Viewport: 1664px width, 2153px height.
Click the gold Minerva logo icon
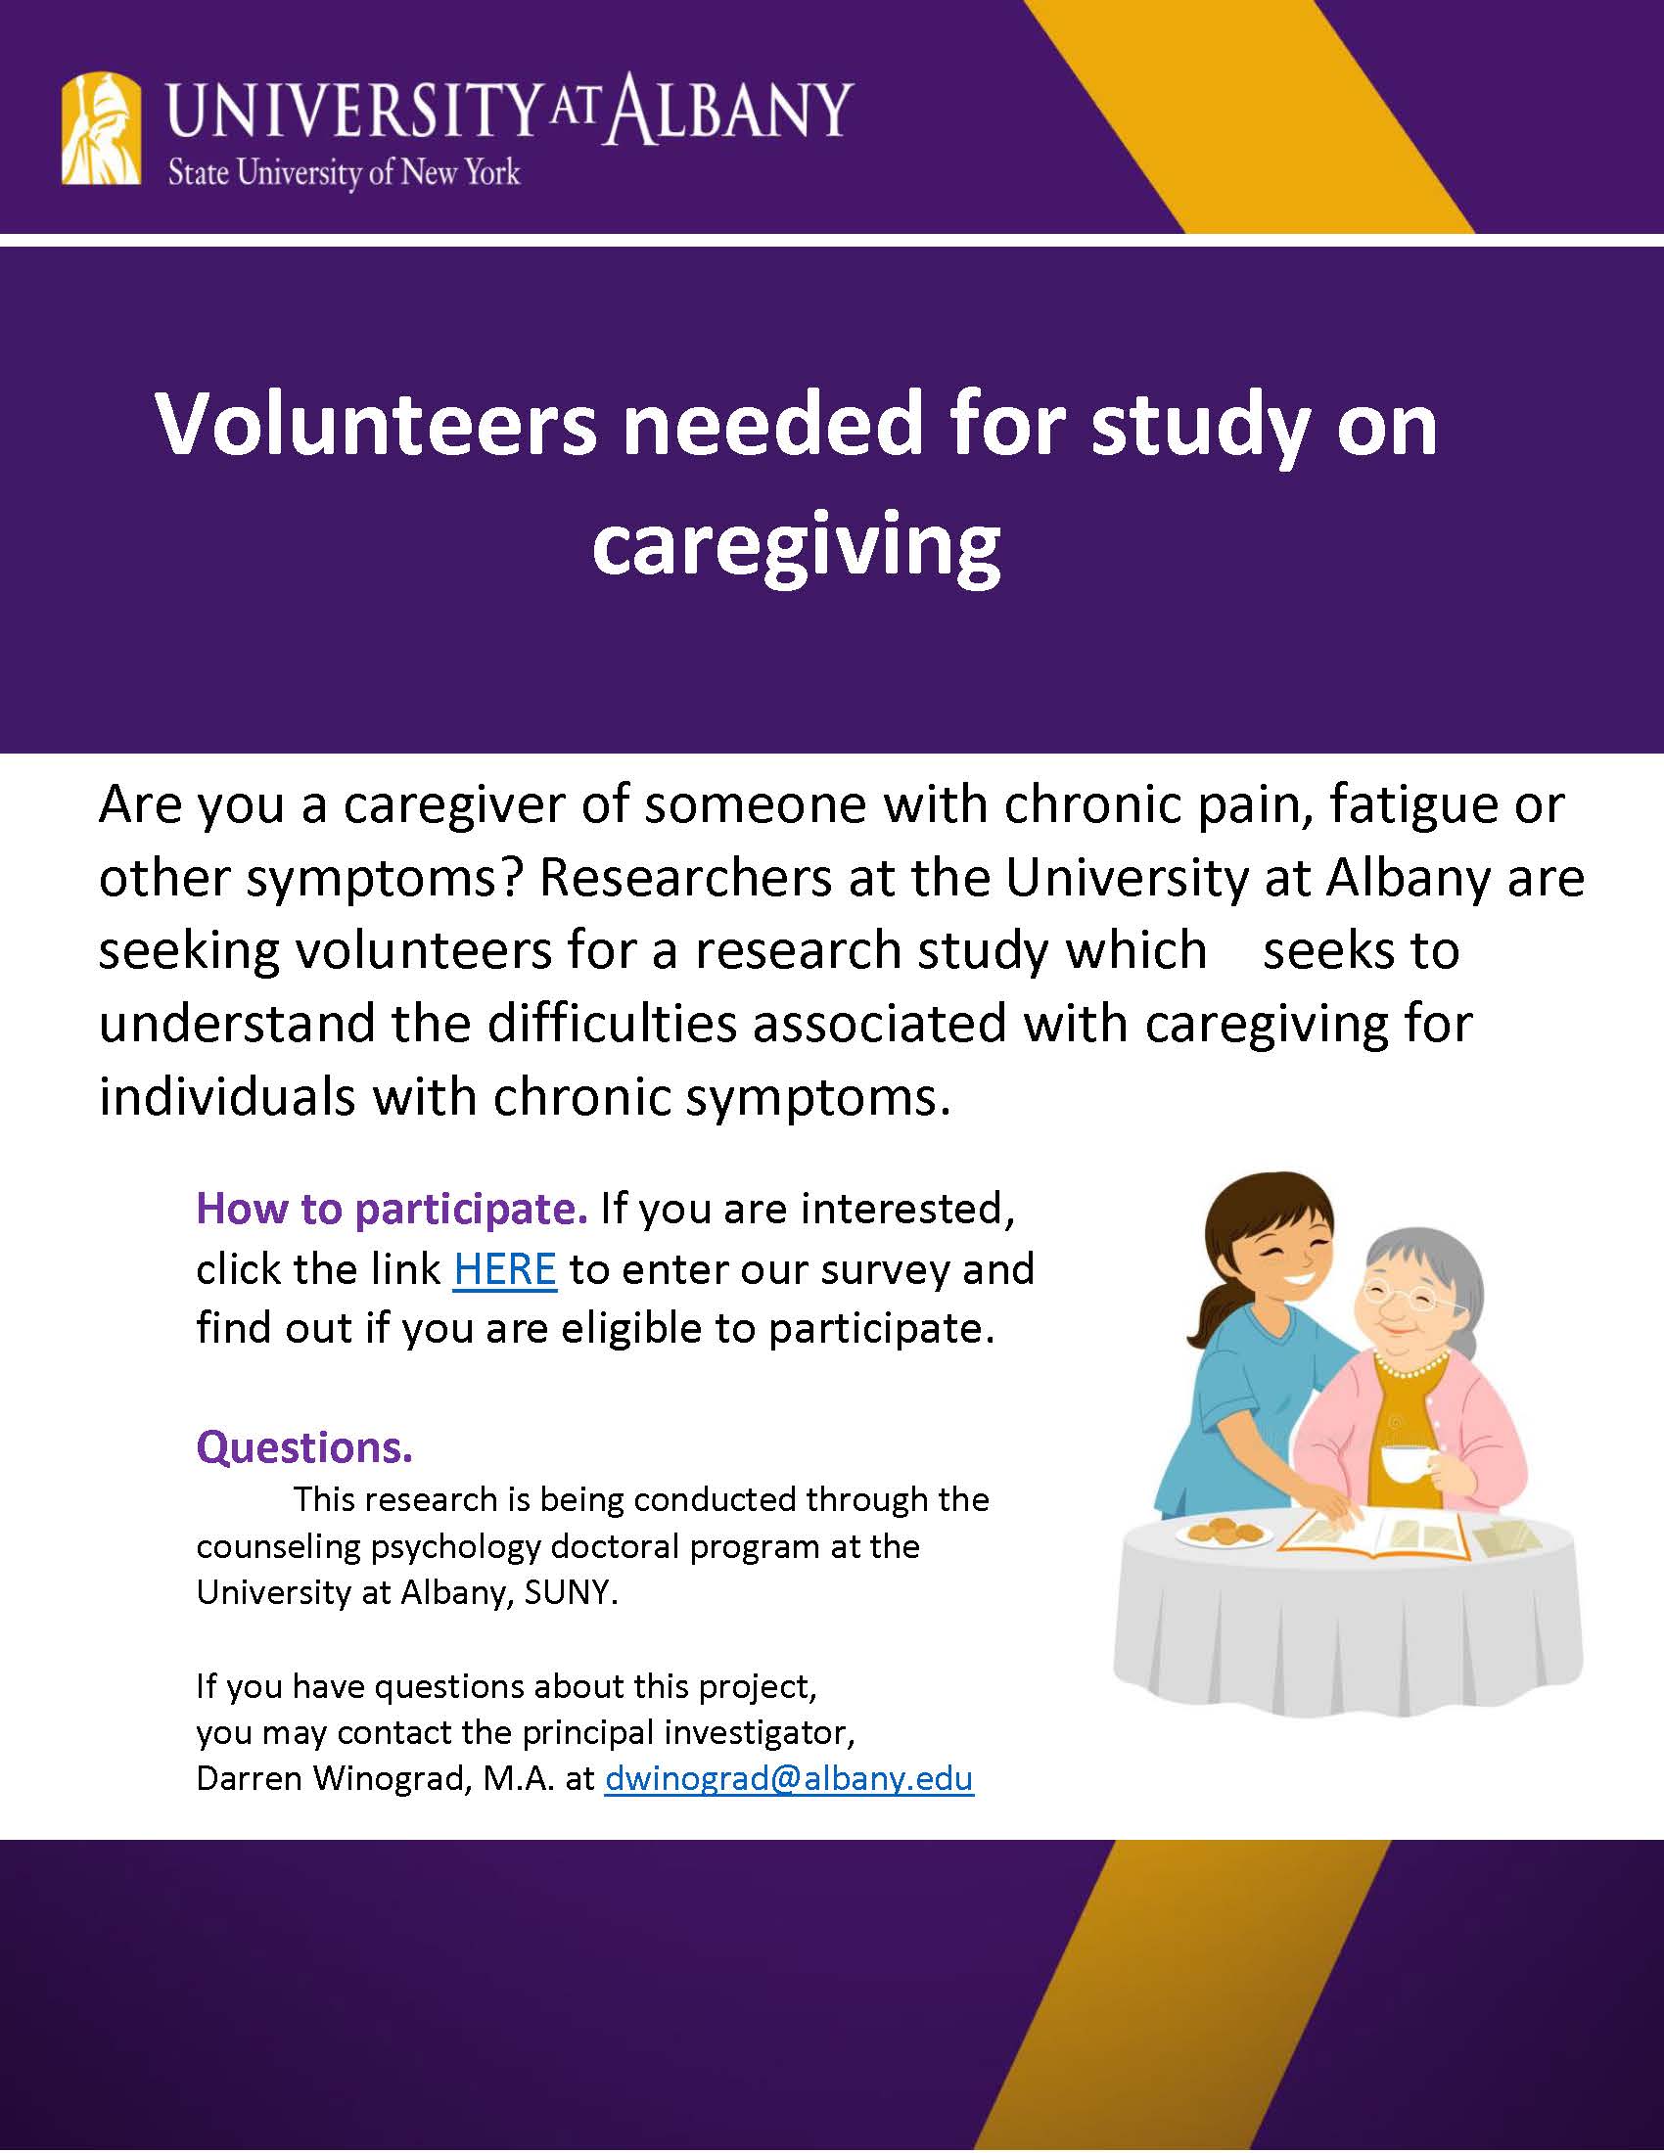[102, 128]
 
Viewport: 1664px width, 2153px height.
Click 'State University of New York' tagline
[343, 173]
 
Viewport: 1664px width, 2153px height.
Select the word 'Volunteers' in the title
[376, 425]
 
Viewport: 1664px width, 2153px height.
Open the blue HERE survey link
[505, 1268]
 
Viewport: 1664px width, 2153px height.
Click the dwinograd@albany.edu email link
[789, 1778]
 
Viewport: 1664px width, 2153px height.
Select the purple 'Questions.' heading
[304, 1447]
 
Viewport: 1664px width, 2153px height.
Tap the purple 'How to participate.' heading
[393, 1210]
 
